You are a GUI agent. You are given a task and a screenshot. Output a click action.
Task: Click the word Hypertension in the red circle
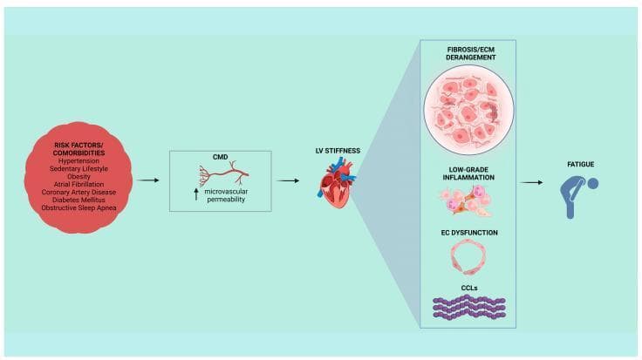click(x=79, y=160)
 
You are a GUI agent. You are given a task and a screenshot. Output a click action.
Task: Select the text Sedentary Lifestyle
click(x=79, y=168)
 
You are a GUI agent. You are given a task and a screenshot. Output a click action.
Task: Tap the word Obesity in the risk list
click(x=79, y=176)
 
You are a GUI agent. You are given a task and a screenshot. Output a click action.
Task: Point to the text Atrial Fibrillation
click(x=79, y=184)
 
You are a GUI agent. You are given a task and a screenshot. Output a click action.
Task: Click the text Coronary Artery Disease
click(x=79, y=192)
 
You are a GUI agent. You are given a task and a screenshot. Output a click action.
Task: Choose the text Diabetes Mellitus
click(x=79, y=200)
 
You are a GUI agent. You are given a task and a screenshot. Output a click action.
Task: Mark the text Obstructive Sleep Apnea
click(x=79, y=207)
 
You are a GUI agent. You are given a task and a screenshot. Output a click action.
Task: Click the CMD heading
click(x=221, y=157)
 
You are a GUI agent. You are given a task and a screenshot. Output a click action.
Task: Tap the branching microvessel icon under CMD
click(x=224, y=174)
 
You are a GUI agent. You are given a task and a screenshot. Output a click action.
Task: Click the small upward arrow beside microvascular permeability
click(x=196, y=194)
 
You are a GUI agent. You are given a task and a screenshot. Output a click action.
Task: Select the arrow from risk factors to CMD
click(x=147, y=180)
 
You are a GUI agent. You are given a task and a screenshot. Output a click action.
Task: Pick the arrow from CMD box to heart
click(x=288, y=180)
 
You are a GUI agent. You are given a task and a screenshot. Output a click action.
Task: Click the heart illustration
click(x=337, y=183)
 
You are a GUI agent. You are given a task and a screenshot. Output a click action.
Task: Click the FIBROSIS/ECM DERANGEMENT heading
click(x=470, y=53)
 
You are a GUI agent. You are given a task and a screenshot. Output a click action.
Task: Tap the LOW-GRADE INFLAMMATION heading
click(x=468, y=173)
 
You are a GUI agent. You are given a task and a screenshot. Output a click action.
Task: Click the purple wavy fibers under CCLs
click(x=469, y=308)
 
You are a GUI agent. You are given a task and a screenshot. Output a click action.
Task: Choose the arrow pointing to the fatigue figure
click(x=531, y=182)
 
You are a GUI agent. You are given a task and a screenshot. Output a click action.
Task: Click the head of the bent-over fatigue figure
click(x=593, y=184)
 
